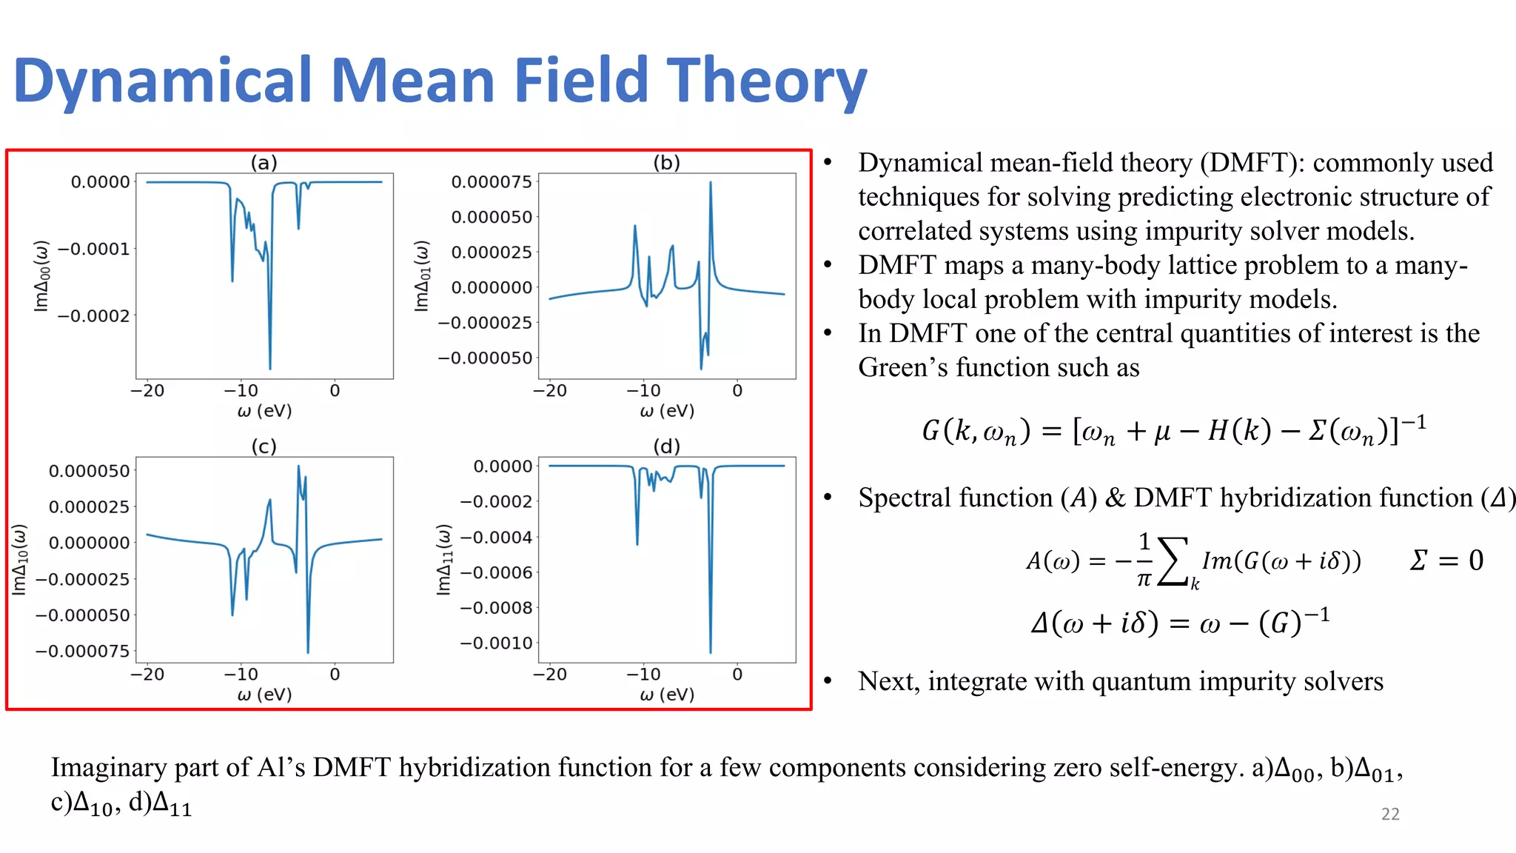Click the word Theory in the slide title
point(766,81)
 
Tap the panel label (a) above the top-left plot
point(264,162)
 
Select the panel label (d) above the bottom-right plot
point(666,446)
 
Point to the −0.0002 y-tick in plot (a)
point(94,316)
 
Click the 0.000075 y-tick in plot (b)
point(492,182)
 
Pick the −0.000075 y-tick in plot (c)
point(82,652)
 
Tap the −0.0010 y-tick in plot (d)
point(496,643)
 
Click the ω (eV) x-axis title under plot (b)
point(667,411)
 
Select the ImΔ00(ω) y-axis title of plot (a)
point(41,275)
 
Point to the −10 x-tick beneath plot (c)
point(241,675)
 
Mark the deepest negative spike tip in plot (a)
point(270,368)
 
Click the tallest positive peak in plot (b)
point(711,183)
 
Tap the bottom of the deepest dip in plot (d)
point(711,652)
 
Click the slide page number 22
point(1390,814)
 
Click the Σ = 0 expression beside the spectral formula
point(1446,561)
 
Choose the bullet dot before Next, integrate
point(828,681)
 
